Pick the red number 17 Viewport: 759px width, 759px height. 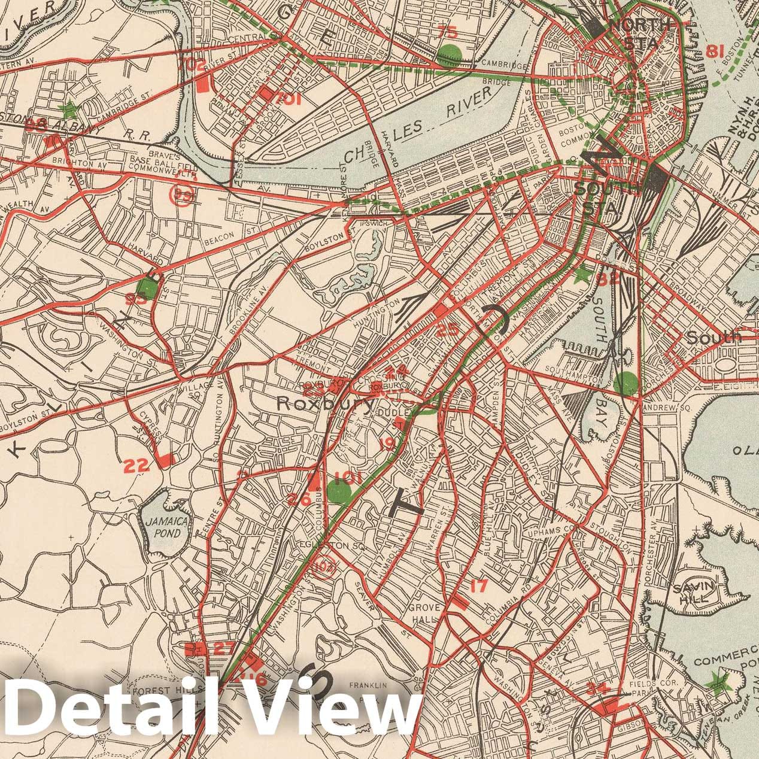click(478, 587)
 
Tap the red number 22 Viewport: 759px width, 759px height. click(136, 466)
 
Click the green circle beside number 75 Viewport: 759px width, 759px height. click(450, 54)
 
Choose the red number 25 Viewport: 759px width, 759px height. click(448, 329)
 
